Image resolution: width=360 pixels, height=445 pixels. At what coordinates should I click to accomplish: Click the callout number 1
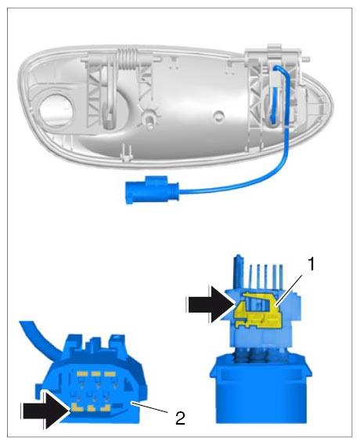point(311,264)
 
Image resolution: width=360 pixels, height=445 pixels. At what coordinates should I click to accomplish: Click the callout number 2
point(180,418)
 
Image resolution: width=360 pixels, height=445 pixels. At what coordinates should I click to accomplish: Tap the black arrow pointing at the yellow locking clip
point(211,305)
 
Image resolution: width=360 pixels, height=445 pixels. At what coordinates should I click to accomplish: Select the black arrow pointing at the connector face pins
point(45,410)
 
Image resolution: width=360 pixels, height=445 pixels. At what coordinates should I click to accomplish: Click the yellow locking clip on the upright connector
point(258,312)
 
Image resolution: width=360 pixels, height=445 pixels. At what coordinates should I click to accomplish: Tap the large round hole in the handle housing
point(56,109)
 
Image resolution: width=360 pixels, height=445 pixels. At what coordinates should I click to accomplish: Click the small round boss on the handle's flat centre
point(218,116)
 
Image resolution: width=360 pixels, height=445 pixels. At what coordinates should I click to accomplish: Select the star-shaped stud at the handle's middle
point(149,117)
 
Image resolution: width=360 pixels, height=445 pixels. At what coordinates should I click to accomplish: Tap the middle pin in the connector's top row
point(95,374)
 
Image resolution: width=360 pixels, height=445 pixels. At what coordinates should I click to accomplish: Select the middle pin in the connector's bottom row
point(91,409)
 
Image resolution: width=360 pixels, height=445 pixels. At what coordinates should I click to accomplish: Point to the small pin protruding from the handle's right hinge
point(306,60)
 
